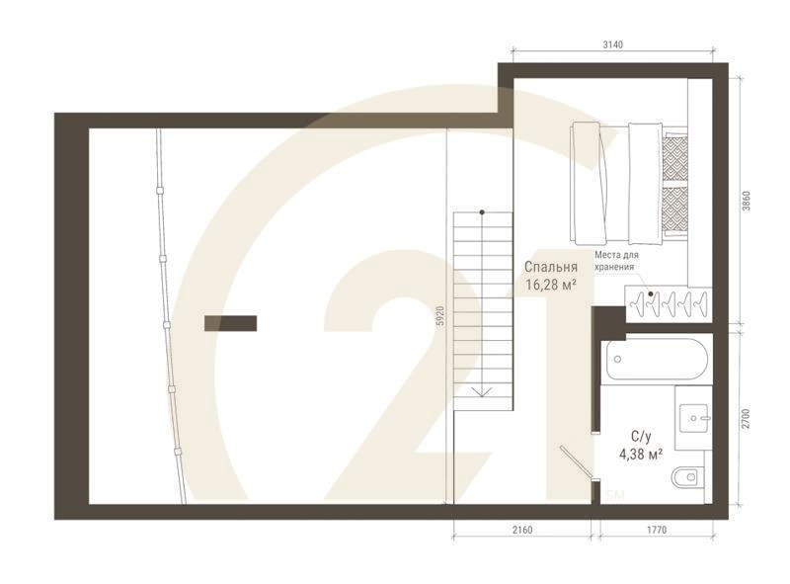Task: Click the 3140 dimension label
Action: pos(617,44)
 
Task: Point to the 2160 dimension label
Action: pos(522,531)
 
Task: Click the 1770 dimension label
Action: pos(657,531)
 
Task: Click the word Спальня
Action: pos(551,267)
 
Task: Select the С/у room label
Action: pos(641,436)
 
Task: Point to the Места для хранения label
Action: pos(617,260)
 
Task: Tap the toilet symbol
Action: pos(688,479)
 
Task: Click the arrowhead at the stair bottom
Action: pos(482,392)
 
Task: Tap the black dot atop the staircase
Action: pos(482,212)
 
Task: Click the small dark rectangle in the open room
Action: pos(230,323)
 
